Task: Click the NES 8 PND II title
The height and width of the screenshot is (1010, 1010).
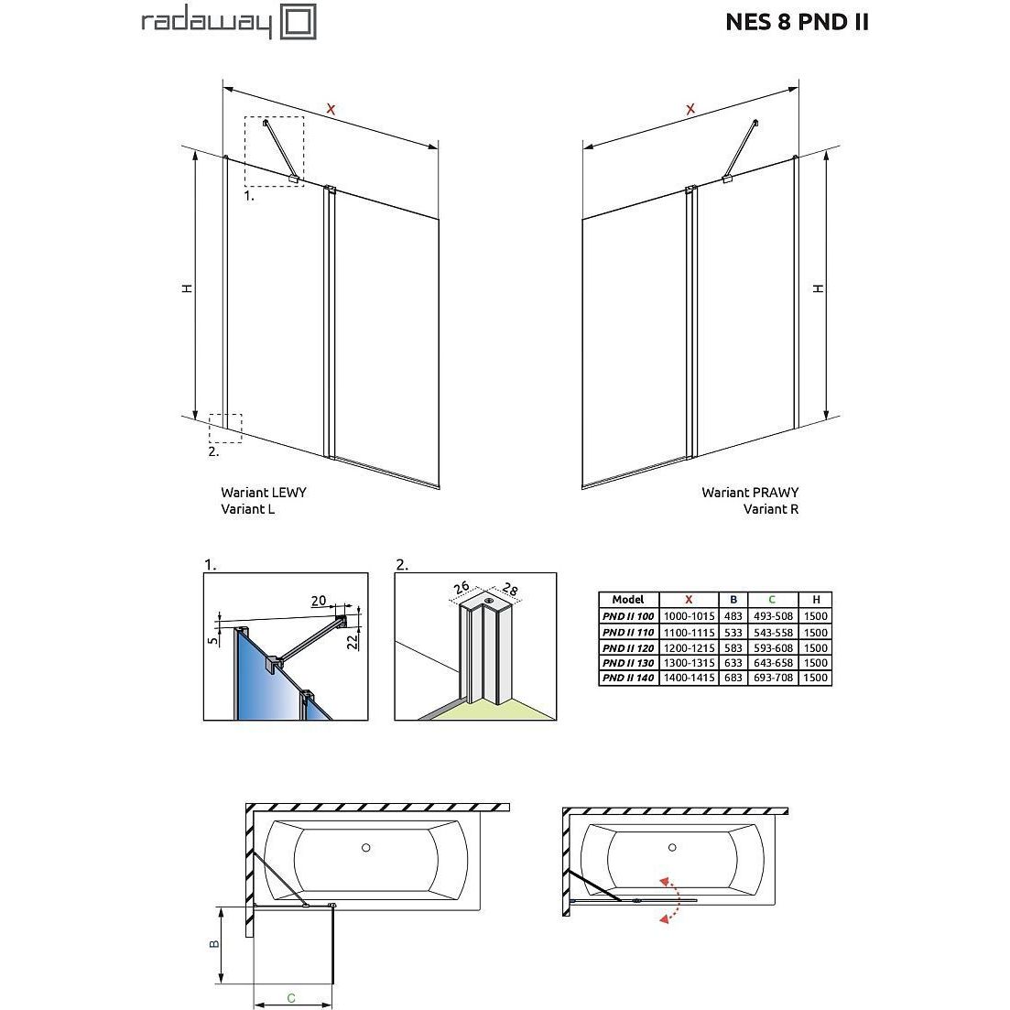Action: [797, 23]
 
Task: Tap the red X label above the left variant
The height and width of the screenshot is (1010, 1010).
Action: [331, 110]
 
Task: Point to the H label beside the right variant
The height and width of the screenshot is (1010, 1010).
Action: [818, 288]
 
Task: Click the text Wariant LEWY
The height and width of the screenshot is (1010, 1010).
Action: [264, 492]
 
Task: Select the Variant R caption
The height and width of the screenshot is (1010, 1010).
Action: [770, 509]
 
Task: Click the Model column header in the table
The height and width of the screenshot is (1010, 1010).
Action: [628, 599]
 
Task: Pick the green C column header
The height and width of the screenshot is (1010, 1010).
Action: [772, 599]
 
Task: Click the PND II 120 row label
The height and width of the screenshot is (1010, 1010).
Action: [628, 648]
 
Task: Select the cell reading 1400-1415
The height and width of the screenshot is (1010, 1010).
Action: [689, 678]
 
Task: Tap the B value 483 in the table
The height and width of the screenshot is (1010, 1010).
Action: [733, 615]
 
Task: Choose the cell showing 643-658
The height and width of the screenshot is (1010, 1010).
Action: [773, 663]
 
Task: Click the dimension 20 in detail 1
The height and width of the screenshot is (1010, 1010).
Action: [319, 601]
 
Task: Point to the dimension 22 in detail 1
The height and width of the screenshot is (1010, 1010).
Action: [353, 642]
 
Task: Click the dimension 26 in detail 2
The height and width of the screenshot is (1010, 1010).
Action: [462, 587]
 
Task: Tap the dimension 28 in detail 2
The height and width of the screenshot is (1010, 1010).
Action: [509, 589]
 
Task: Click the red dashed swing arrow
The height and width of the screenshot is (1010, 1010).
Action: [674, 899]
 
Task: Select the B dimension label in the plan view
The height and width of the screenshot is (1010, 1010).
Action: [214, 944]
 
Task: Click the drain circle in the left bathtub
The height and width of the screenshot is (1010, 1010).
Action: [366, 848]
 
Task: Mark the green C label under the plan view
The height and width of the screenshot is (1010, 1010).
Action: [291, 998]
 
